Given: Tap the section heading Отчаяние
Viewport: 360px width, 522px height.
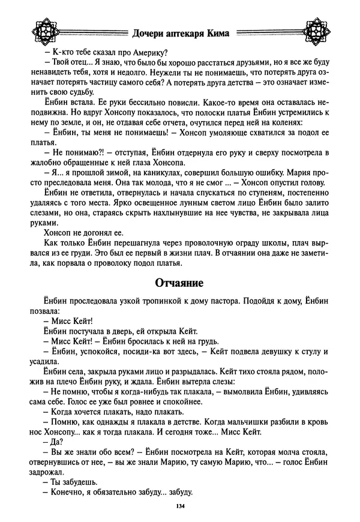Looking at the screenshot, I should [179, 281].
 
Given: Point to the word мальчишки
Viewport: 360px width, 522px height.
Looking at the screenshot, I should [247, 421].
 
